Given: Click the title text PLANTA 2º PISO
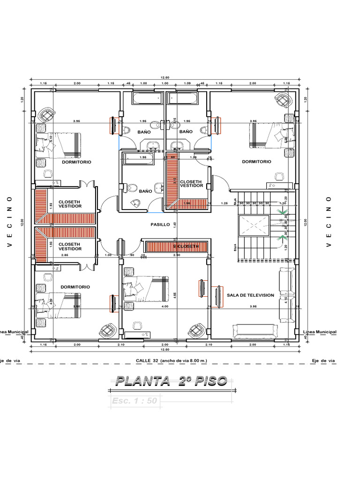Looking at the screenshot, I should [x=171, y=381].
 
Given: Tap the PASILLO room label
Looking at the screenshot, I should [x=160, y=225].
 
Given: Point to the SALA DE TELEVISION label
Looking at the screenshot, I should [x=250, y=295].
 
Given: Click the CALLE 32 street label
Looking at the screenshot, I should [x=171, y=360].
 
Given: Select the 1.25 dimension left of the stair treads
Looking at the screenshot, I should [x=224, y=203].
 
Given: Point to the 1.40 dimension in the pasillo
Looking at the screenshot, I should [x=174, y=225].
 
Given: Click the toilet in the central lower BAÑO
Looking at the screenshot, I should [x=131, y=189].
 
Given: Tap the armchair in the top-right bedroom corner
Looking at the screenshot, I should [x=283, y=101].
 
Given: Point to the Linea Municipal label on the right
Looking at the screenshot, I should [x=320, y=332].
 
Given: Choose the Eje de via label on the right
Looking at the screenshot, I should [x=323, y=360].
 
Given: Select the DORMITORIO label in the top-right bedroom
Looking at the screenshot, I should [x=256, y=162].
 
